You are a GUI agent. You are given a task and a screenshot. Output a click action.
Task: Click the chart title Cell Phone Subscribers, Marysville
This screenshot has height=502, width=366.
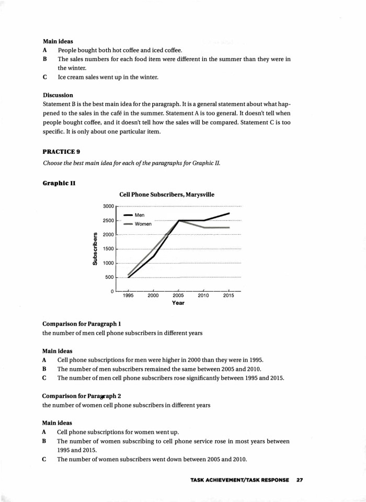pos(167,195)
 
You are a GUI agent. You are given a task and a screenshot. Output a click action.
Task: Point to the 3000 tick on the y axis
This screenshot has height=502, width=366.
pos(107,207)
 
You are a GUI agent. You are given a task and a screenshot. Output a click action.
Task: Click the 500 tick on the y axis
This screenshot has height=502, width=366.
pos(109,277)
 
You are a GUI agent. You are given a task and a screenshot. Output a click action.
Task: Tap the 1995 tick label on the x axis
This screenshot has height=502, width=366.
pos(128,295)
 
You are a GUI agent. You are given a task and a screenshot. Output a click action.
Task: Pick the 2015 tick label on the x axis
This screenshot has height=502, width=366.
pos(228,295)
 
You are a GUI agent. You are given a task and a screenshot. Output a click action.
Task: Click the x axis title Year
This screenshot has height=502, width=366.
pos(178,303)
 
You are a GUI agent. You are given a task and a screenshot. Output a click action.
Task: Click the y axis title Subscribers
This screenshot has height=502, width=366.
pos(95,248)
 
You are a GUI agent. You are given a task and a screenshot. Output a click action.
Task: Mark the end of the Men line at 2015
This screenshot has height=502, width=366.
pos(229,213)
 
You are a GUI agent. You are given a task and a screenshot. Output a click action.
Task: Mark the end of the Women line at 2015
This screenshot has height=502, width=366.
pos(229,227)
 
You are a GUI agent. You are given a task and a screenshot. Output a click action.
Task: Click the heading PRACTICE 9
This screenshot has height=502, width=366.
pos(61,151)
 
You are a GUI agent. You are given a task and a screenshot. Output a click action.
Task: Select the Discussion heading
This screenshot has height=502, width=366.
pos(58,95)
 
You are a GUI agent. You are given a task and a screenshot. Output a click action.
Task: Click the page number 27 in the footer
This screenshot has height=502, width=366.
pos(300,480)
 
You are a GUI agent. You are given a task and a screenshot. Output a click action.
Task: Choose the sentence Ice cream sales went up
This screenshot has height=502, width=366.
pos(108,77)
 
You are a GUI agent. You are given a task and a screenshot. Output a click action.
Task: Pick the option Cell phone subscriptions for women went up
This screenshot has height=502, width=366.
pos(118,432)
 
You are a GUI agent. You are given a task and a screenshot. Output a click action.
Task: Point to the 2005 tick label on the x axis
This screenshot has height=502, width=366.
pos(178,295)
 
